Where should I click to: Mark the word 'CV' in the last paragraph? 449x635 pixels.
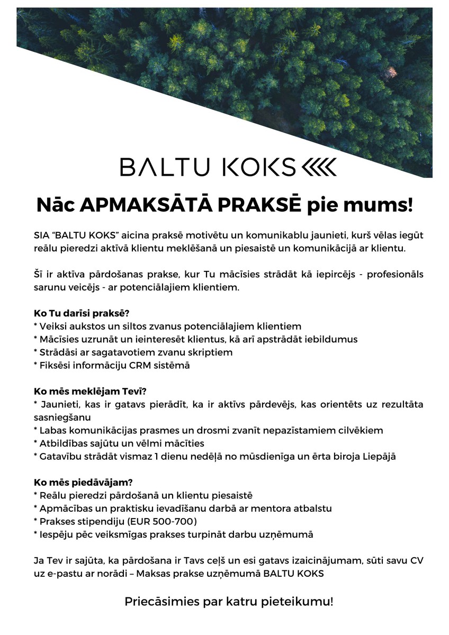(416, 560)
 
